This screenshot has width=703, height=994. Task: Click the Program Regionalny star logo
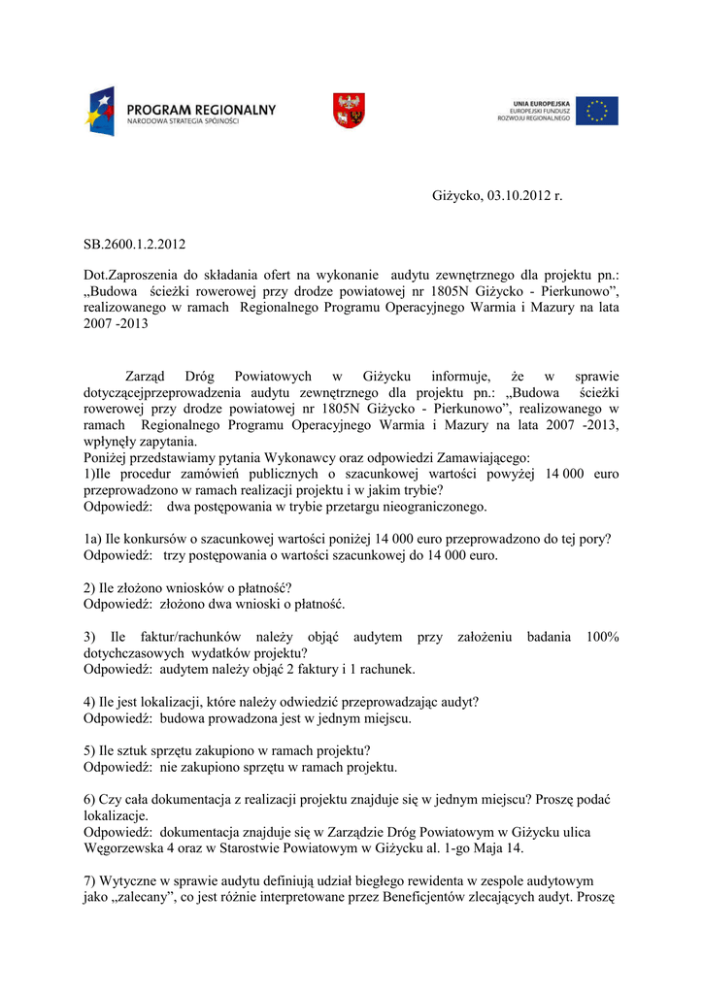pos(103,111)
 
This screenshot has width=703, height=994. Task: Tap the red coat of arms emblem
pos(349,110)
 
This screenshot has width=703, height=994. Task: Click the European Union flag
pos(596,111)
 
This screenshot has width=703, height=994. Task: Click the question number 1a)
pos(93,540)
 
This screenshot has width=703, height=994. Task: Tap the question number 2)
pos(89,587)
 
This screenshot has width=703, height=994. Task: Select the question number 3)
pos(89,636)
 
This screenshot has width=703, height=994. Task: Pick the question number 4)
pos(89,702)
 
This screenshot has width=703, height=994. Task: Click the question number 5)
pos(89,750)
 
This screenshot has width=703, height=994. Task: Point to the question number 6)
pos(89,799)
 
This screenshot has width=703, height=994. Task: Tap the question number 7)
pos(89,880)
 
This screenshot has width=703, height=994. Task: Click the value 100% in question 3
pos(603,636)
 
